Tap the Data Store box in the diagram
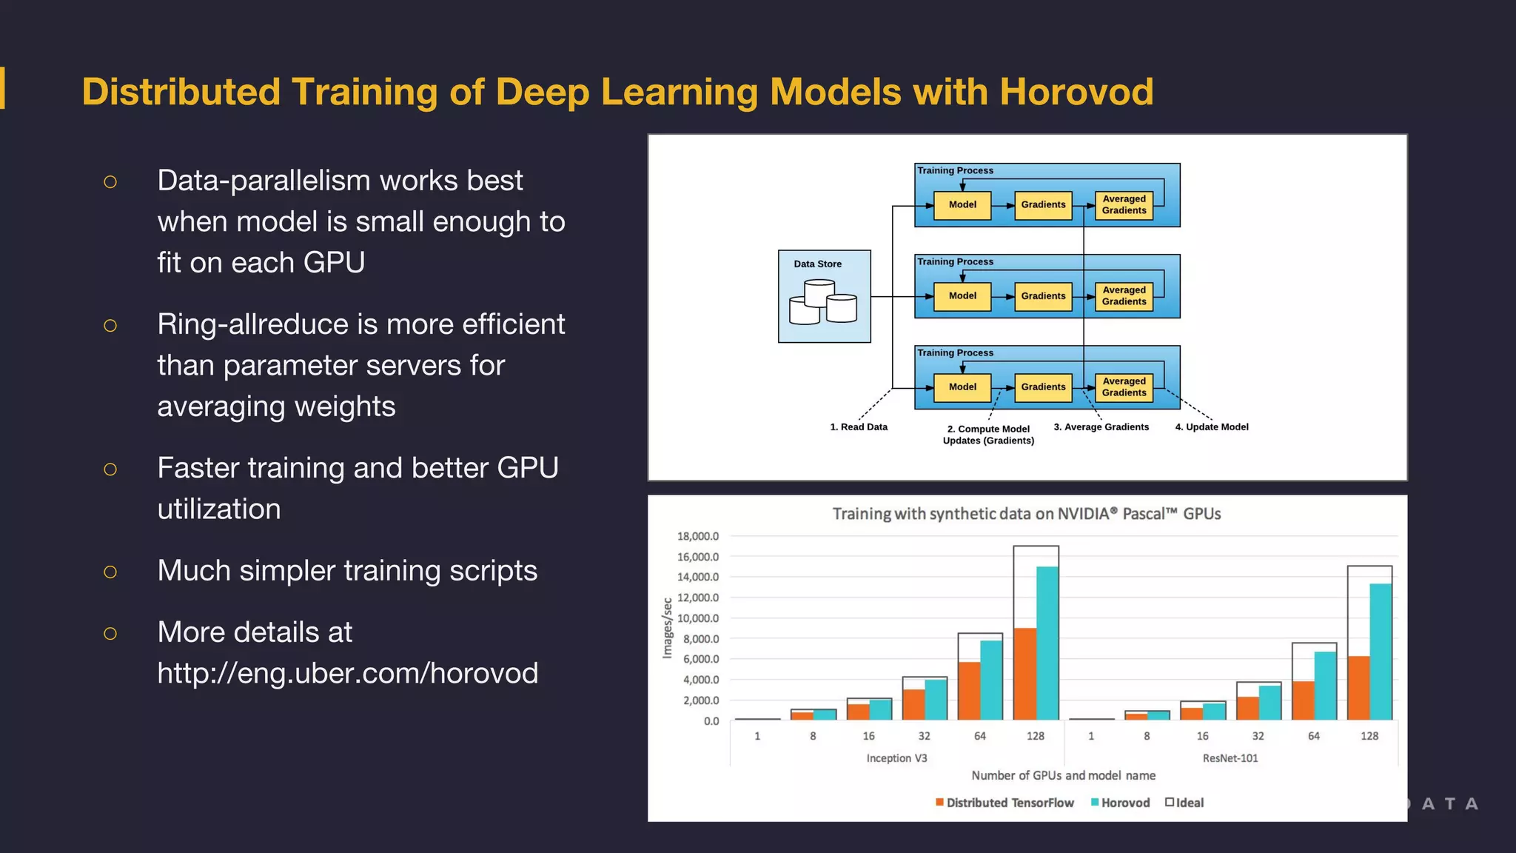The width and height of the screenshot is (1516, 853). [x=824, y=296]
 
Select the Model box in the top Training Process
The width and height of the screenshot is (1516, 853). [x=962, y=205]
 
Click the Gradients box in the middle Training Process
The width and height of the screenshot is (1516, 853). [x=1043, y=296]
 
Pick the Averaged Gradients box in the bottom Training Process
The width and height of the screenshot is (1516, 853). [x=1124, y=387]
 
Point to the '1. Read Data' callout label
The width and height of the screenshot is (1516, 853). [x=859, y=427]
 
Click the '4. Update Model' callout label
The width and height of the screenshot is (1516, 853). [x=1212, y=427]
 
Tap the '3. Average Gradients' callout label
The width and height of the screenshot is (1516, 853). [x=1101, y=427]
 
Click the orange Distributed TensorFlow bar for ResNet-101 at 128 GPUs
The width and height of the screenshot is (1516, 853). [x=1358, y=688]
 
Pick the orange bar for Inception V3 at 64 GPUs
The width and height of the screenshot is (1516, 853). [x=969, y=691]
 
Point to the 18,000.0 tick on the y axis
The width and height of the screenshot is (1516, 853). [x=697, y=536]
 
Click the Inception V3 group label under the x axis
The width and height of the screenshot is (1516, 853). [x=896, y=758]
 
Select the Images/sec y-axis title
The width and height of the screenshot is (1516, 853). [x=668, y=628]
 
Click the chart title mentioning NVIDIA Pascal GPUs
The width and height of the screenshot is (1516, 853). [x=1026, y=514]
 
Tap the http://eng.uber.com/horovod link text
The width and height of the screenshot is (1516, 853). [x=347, y=673]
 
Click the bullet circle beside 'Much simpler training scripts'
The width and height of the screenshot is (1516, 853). [x=110, y=572]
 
